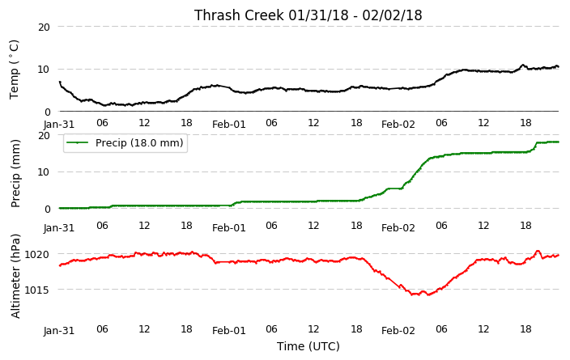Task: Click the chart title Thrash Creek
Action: pos(239,15)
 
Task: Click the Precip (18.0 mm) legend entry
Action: pos(125,142)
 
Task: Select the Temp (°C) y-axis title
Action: pos(14,70)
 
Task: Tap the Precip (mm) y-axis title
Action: pos(15,174)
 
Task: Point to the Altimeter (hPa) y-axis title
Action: pos(15,277)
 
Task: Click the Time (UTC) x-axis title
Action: pos(308,346)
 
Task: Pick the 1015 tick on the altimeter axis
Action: pos(36,290)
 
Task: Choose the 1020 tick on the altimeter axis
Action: pos(36,254)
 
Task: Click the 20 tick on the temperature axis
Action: pos(44,27)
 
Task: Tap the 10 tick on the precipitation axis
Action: pos(44,172)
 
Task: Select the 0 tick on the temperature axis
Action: pos(47,112)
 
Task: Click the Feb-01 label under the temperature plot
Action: pos(229,125)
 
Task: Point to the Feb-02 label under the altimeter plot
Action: pos(398,331)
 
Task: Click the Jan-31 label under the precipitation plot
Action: pos(59,228)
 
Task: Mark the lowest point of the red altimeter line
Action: pos(428,295)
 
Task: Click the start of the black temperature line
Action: pos(60,82)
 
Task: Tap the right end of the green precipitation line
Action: pos(559,142)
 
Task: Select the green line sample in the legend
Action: pos(78,142)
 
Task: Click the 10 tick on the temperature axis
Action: pos(44,70)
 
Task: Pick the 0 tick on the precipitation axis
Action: pos(47,210)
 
